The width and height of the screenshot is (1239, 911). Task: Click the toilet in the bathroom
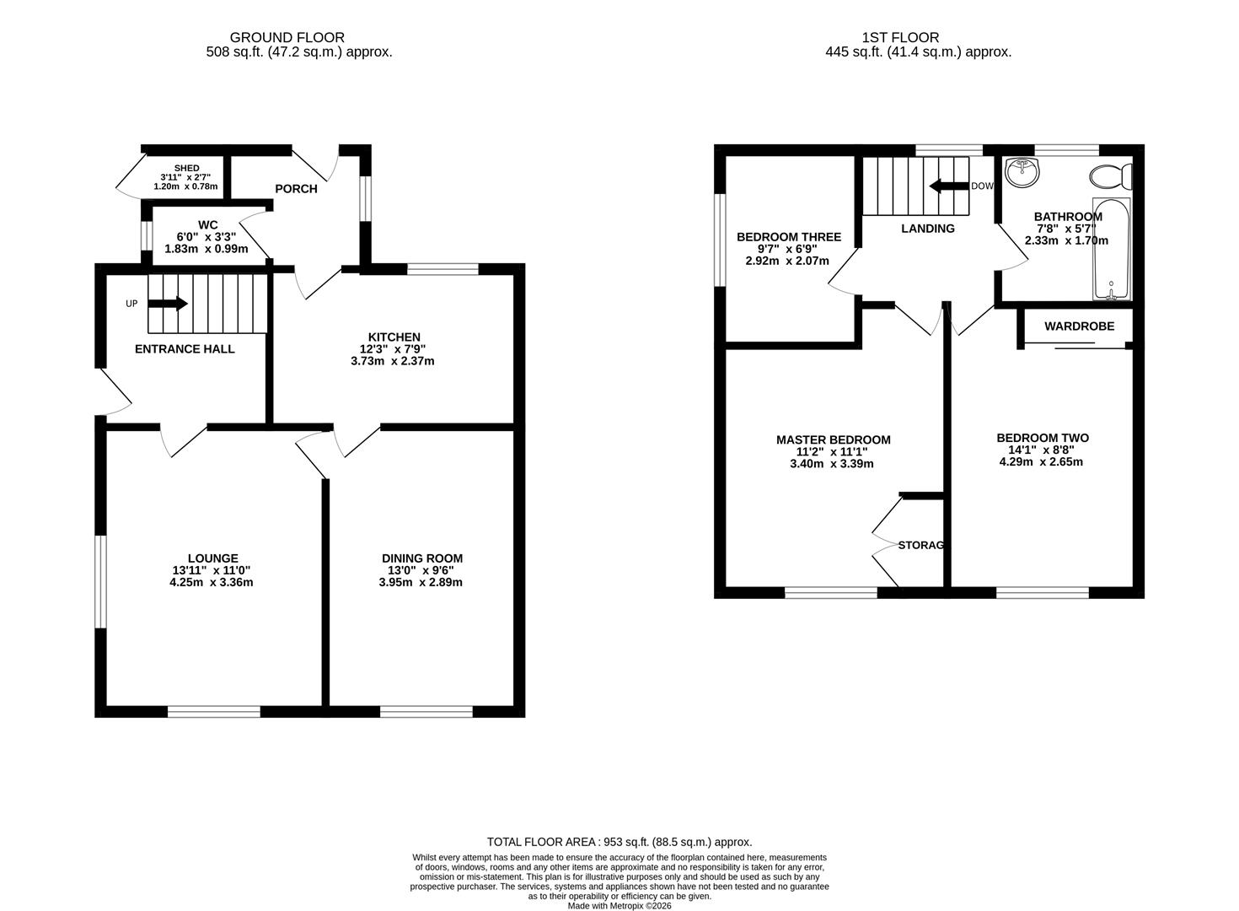click(1111, 177)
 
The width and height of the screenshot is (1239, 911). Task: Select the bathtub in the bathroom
click(1112, 250)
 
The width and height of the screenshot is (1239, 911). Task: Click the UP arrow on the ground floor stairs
click(169, 304)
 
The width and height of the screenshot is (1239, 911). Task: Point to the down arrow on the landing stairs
click(947, 186)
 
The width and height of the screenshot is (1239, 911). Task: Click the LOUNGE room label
click(212, 558)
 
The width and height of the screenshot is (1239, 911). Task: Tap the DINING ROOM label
click(422, 558)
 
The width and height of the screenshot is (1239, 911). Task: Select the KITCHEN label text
click(394, 337)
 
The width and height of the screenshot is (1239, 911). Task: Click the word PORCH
click(297, 189)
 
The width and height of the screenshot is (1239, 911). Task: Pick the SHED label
click(186, 169)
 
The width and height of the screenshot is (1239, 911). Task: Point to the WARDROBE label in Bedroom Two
click(1079, 326)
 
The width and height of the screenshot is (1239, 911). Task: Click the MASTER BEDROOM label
click(833, 439)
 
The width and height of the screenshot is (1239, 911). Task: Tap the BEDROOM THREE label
click(789, 237)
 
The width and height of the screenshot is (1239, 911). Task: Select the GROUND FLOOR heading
click(287, 37)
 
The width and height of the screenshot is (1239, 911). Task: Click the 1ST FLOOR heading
click(900, 37)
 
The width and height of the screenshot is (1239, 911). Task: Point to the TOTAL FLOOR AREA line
click(619, 842)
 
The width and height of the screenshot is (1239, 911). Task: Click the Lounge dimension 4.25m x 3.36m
click(212, 582)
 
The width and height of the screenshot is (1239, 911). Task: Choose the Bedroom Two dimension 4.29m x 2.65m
click(1042, 461)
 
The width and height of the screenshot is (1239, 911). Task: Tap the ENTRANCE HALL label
click(185, 349)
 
